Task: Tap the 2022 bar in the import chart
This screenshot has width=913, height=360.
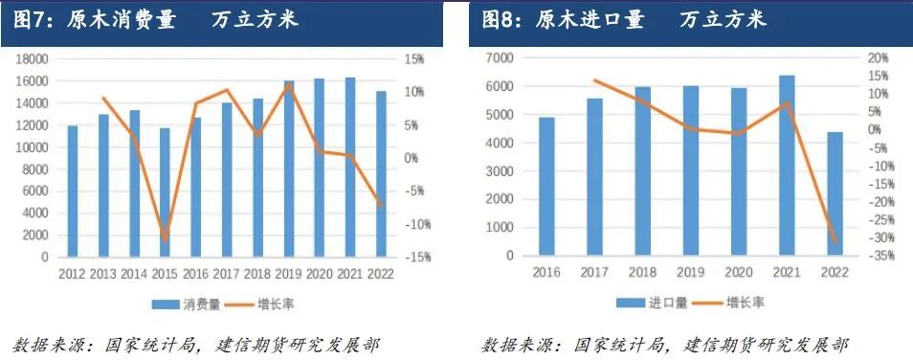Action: click(835, 194)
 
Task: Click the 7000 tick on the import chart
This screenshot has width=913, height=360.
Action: click(502, 58)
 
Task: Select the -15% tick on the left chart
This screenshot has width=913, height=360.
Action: click(419, 258)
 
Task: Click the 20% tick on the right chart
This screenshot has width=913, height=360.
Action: click(880, 58)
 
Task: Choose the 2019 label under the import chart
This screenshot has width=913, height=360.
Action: click(690, 274)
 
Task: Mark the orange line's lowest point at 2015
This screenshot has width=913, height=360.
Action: click(165, 239)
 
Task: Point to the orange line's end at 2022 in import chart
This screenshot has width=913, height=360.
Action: click(835, 242)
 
